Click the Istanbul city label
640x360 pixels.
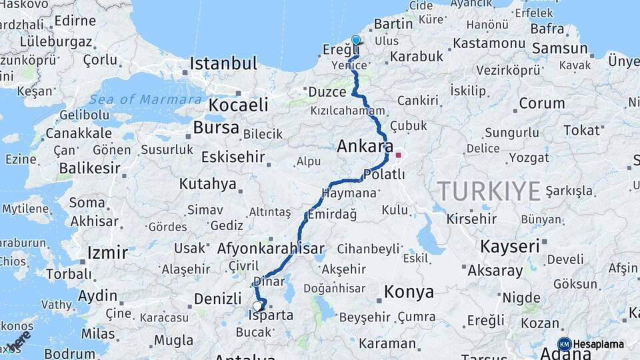tap(223, 64)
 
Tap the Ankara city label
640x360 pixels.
tap(365, 146)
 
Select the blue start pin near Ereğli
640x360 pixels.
tap(355, 41)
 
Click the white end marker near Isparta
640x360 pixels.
tap(257, 306)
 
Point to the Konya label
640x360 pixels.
tap(409, 292)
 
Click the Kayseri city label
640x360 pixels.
tap(509, 246)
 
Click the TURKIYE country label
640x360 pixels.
tap(489, 192)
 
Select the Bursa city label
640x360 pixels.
tap(216, 127)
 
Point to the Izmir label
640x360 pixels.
tap(107, 253)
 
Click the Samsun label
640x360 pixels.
tap(560, 48)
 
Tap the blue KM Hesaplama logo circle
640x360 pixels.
tap(565, 344)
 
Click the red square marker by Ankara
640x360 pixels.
tap(399, 155)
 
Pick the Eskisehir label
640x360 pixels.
tap(233, 157)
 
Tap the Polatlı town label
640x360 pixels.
tap(384, 174)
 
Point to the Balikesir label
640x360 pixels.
tap(91, 168)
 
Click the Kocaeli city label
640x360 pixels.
tap(238, 105)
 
